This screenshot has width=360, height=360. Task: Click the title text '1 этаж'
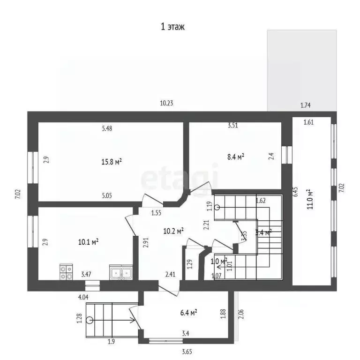[173, 27]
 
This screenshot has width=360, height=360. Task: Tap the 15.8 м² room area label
[112, 162]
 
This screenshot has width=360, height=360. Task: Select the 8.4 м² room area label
[235, 157]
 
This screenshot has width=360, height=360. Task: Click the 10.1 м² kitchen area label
[88, 242]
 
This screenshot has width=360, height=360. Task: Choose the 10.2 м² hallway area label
[173, 230]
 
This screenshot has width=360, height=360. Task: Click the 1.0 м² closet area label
[219, 261]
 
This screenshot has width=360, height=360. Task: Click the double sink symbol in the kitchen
[121, 272]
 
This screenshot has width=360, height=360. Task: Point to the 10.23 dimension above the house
[167, 104]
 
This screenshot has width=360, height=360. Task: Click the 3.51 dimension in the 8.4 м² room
[233, 125]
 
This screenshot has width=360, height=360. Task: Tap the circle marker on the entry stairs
[90, 321]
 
